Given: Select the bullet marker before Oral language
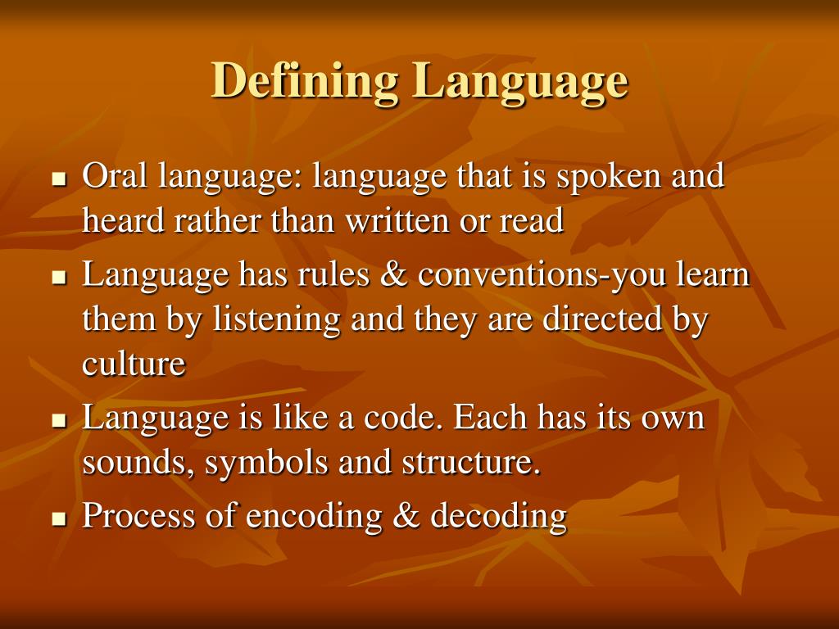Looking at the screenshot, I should (x=58, y=179).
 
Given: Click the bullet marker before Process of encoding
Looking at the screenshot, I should (x=58, y=519).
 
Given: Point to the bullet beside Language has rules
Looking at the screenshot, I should (x=58, y=278).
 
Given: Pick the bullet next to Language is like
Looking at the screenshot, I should (x=58, y=421).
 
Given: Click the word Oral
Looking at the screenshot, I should (x=116, y=175).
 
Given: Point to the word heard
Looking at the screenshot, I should (x=122, y=220).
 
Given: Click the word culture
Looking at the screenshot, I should (x=134, y=364).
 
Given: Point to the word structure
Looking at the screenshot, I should (x=471, y=463).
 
